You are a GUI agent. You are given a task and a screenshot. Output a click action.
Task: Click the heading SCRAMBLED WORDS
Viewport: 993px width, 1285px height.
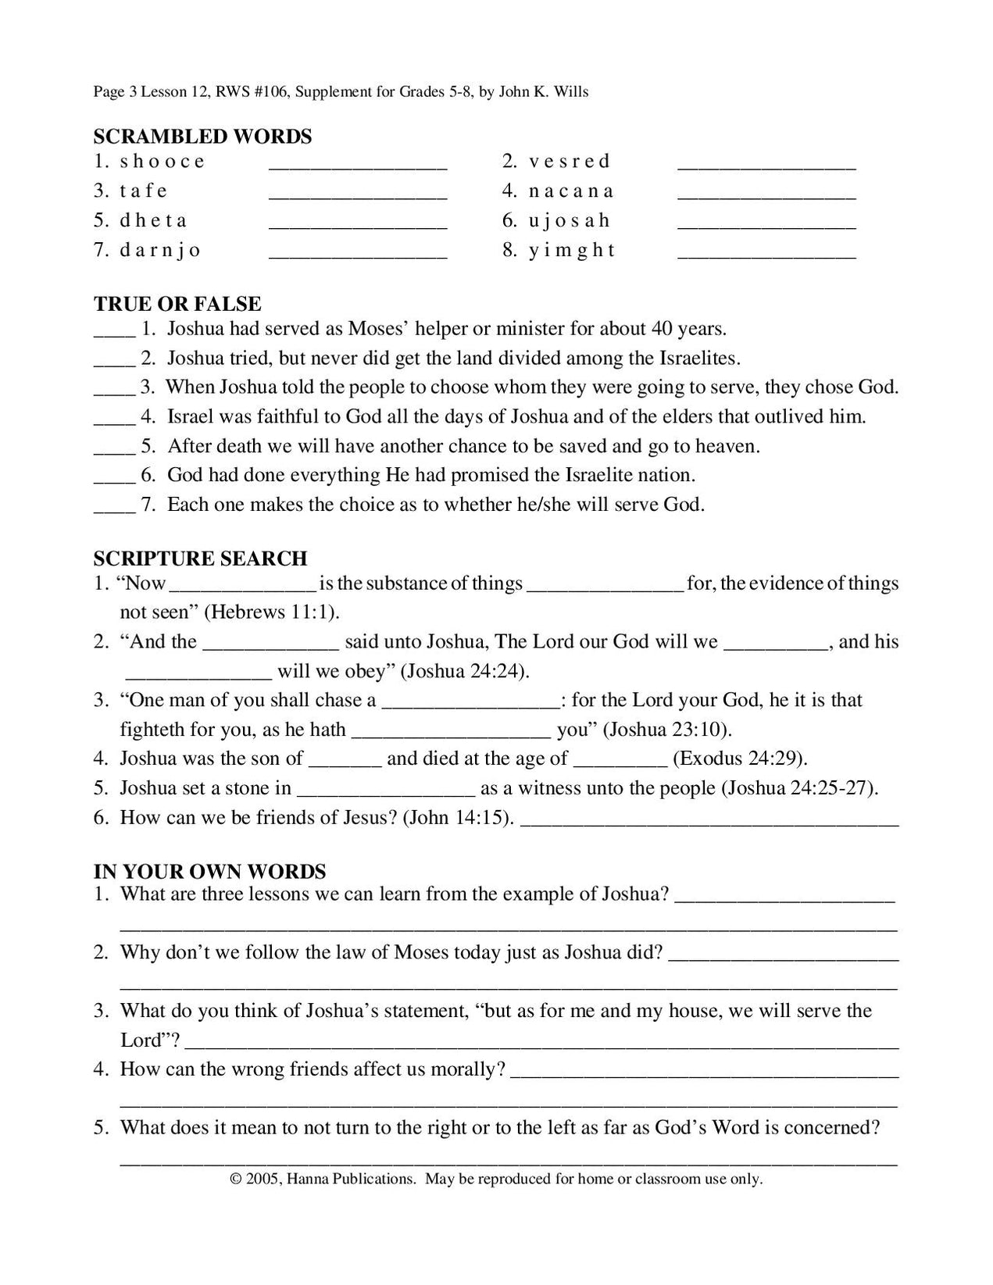202,137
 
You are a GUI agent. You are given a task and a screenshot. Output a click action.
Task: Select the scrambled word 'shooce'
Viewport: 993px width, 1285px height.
163,162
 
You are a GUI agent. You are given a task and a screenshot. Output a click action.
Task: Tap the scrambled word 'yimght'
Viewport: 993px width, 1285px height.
572,251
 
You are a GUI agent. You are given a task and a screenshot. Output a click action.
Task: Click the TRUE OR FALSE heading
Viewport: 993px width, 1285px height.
177,304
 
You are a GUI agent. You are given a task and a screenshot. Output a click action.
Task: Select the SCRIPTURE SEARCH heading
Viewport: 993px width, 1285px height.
200,559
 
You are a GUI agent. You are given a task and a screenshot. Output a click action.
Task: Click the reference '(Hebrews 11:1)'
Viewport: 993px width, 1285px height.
271,612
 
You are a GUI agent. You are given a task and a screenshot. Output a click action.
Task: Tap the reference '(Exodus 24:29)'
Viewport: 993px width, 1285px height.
740,759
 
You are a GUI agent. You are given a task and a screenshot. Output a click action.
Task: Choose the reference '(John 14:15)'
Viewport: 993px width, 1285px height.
458,818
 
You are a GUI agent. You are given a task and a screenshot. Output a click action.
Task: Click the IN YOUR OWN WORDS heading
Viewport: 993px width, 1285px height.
209,872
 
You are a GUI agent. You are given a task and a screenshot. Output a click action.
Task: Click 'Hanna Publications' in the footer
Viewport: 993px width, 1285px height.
351,1179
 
